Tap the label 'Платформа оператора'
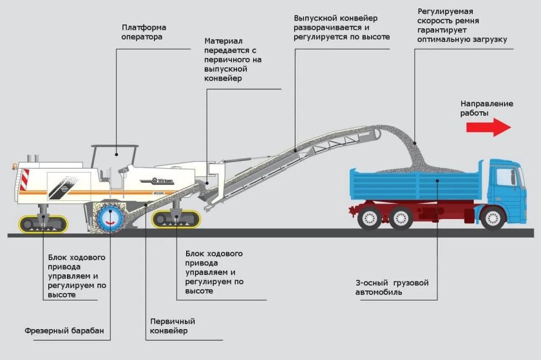click(144, 32)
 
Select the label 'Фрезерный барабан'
click(64, 332)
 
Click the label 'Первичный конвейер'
click(172, 326)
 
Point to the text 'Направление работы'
click(486, 108)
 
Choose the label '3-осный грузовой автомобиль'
click(392, 287)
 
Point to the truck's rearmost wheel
click(370, 218)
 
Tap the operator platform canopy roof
click(115, 147)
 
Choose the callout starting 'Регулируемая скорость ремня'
click(461, 26)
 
